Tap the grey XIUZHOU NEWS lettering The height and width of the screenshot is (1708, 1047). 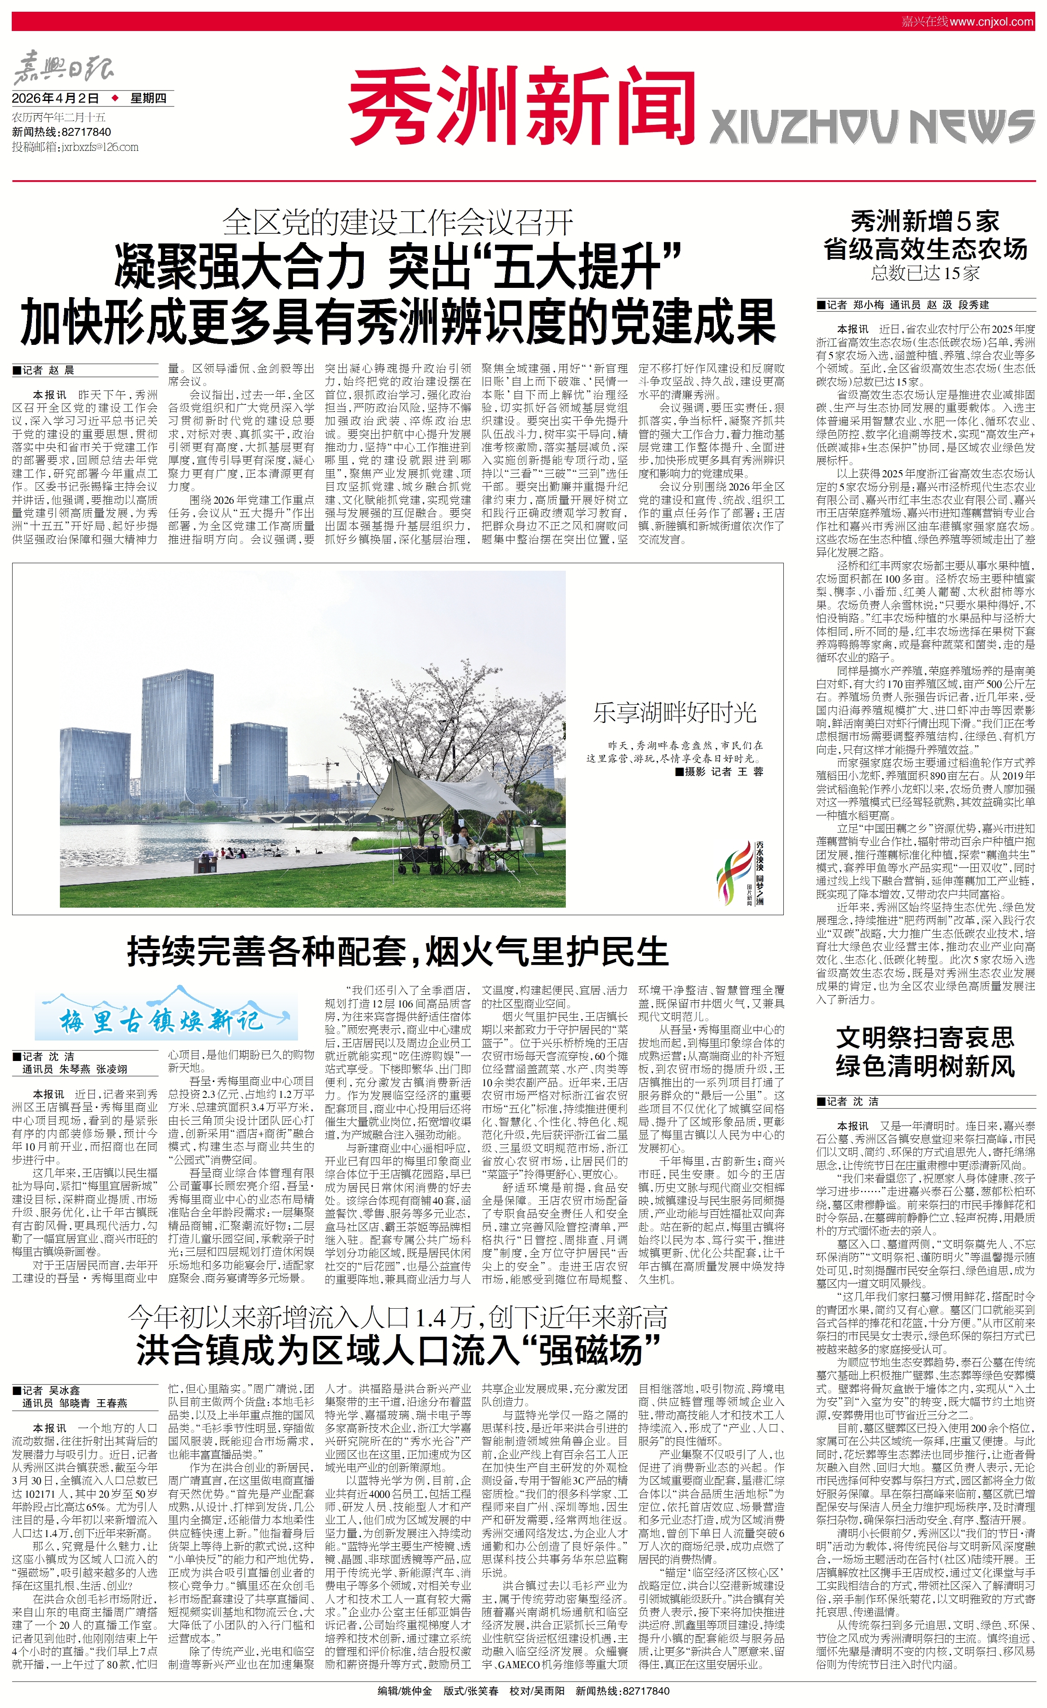871,127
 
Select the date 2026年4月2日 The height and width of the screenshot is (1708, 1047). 55,98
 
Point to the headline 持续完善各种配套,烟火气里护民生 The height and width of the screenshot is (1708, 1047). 397,951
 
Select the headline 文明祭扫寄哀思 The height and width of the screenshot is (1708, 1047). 925,1038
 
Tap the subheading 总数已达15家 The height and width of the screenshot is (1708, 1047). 925,273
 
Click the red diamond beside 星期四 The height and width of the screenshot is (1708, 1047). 114,98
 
